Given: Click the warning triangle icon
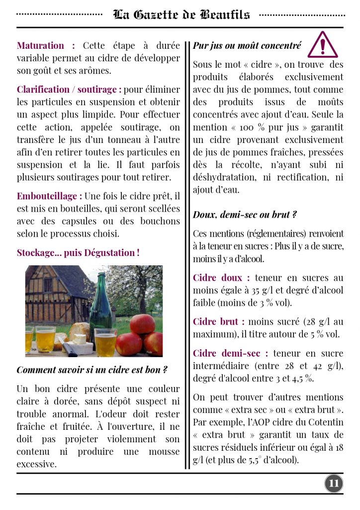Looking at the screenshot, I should coord(323,45).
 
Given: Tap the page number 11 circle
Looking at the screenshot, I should coord(334,483).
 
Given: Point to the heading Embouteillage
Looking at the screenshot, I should coord(49,196).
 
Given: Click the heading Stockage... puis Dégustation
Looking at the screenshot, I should coord(78,253).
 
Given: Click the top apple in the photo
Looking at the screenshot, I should coord(142,324).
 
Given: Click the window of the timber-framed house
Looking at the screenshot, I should coord(48,285).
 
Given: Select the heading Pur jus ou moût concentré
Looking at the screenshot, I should coord(247,46).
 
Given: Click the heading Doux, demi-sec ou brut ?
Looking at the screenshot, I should coord(244,215).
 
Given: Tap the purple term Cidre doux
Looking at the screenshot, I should coord(221,278).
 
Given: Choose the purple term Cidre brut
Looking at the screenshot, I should coord(219,322).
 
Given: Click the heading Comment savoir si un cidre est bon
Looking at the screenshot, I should coord(92,370).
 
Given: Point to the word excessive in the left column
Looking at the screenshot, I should coord(36,464).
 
